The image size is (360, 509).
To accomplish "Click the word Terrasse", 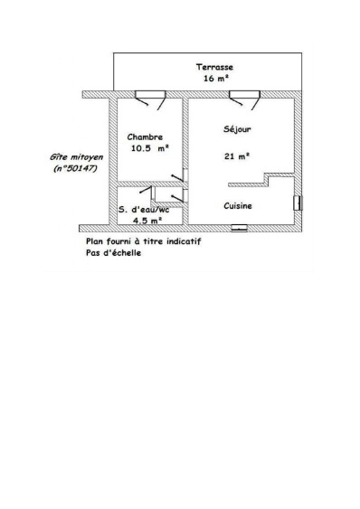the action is (x=214, y=67).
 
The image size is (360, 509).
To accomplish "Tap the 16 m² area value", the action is (x=216, y=79).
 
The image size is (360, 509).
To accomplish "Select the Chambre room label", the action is (x=145, y=137).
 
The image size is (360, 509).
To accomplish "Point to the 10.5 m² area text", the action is (x=150, y=148).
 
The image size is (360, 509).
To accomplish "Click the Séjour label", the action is (x=237, y=129).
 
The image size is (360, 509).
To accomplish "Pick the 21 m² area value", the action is (x=237, y=156).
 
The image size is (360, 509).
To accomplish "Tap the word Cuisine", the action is (x=238, y=206).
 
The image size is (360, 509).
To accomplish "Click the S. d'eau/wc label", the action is (x=144, y=210).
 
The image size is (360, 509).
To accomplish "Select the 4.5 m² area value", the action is (x=147, y=221).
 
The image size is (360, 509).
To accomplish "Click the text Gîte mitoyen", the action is (x=76, y=157).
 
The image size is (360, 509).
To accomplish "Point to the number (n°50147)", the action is (x=75, y=169).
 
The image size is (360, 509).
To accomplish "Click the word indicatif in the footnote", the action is (x=184, y=241).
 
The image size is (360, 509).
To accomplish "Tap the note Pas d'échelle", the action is (x=113, y=253).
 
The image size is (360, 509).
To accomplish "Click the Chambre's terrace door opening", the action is (x=150, y=94).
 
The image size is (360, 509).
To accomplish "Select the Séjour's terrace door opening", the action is (x=244, y=94).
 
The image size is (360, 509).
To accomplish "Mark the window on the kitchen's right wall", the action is (x=298, y=203).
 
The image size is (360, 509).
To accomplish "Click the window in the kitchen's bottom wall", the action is (x=239, y=228).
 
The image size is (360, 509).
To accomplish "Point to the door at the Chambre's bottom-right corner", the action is (x=180, y=175).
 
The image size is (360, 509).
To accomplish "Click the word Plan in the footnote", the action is (x=93, y=241).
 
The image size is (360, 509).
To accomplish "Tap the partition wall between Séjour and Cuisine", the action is (x=261, y=179).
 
